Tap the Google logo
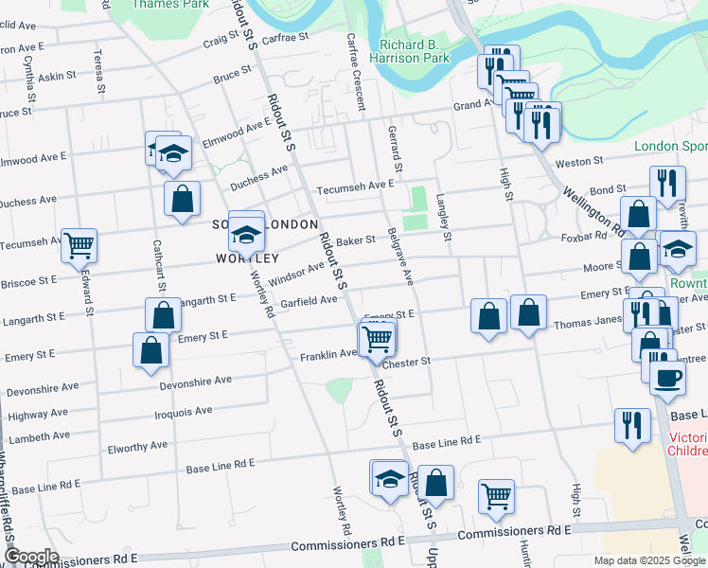tap(30, 557)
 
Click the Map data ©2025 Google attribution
tap(649, 560)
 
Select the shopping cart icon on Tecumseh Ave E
tap(79, 245)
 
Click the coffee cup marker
tap(666, 376)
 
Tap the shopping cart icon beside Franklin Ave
tap(378, 338)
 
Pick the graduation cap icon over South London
tap(246, 232)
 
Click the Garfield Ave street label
tap(309, 301)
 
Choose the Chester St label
tap(408, 362)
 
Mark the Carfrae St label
tap(286, 38)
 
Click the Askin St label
tap(56, 76)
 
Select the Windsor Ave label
tap(297, 274)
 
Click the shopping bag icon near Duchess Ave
tap(182, 199)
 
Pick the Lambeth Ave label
tap(37, 436)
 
